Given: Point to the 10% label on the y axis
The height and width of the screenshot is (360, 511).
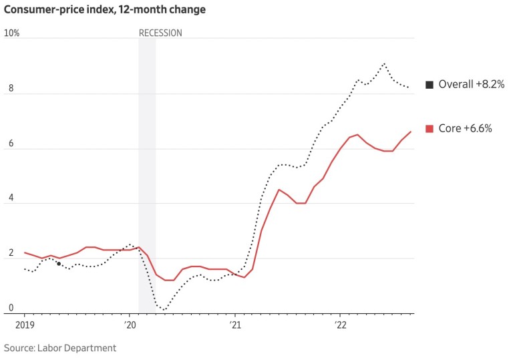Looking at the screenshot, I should coord(11,33).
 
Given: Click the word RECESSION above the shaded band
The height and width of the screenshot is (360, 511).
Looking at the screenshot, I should coord(160,33).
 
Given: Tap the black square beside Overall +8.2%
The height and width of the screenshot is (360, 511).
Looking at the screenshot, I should coord(430,85).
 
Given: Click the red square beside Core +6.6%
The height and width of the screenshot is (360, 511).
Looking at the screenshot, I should coord(430,128).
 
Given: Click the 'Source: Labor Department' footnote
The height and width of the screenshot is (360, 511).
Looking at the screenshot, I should coord(60,348).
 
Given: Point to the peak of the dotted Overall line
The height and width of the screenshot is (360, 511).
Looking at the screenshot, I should coord(384,63).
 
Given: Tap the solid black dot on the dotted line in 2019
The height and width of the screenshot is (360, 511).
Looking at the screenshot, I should coord(59,264).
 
